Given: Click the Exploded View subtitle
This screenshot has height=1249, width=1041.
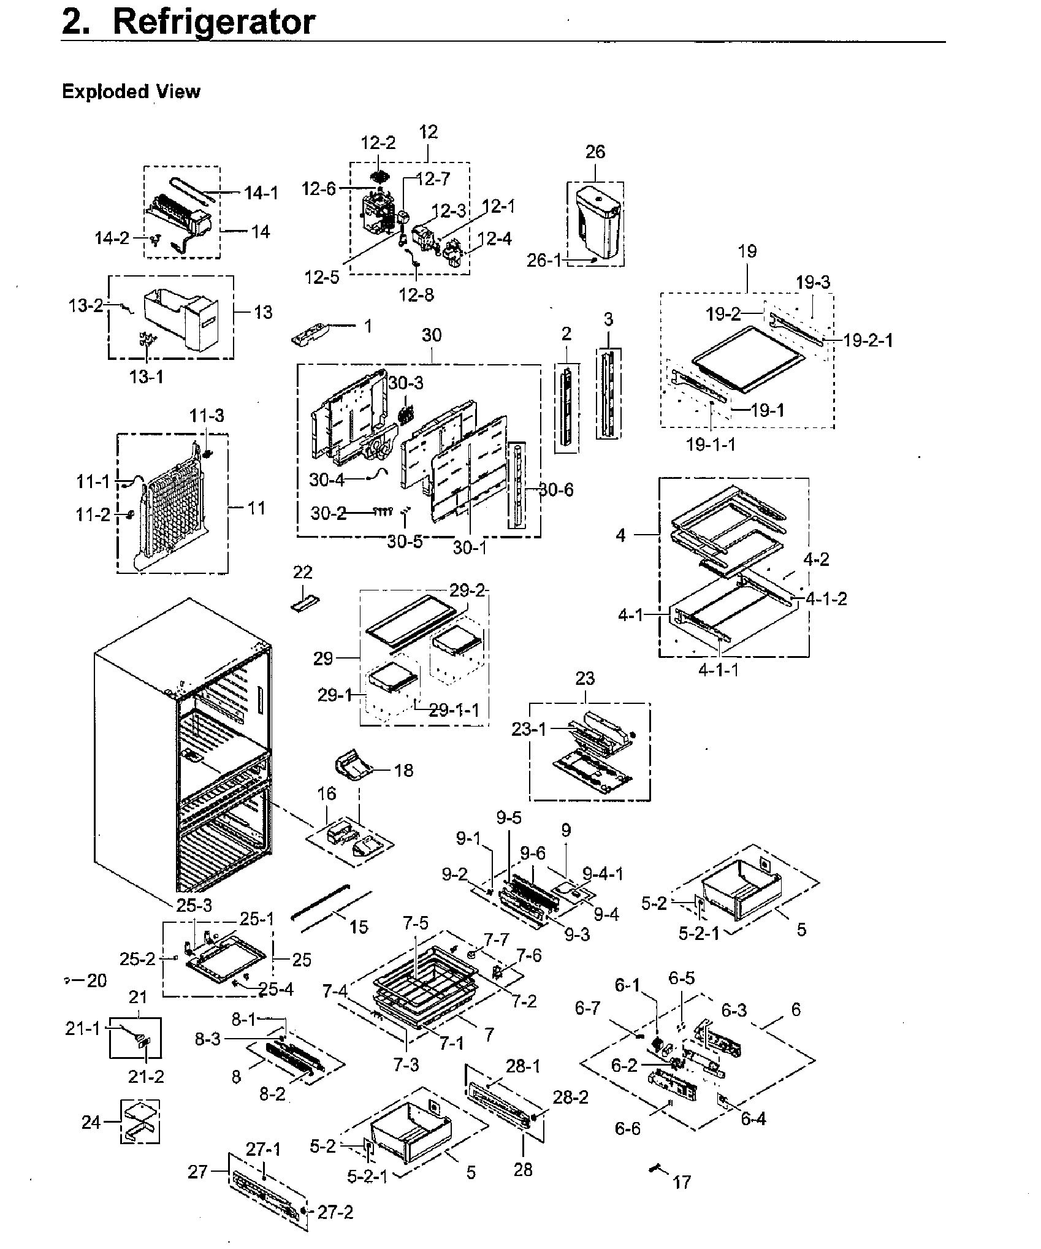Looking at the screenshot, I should tap(131, 92).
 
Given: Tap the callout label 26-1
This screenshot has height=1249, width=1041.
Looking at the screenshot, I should tap(544, 261).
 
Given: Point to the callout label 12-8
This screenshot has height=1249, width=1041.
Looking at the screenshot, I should tap(416, 295).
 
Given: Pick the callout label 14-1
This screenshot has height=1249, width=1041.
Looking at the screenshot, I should tap(261, 193).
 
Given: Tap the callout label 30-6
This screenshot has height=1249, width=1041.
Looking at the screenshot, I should tap(557, 489).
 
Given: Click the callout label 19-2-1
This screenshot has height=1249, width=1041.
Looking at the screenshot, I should tap(867, 340).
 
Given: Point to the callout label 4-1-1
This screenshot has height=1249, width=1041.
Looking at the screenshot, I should tap(719, 670).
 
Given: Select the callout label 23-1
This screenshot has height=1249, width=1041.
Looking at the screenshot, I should tap(528, 729).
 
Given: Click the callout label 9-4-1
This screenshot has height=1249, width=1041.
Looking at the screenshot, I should tap(603, 874).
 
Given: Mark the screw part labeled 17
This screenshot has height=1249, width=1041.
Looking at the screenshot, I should tap(655, 1169).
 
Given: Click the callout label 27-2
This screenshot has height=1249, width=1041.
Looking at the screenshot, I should tap(335, 1212).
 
